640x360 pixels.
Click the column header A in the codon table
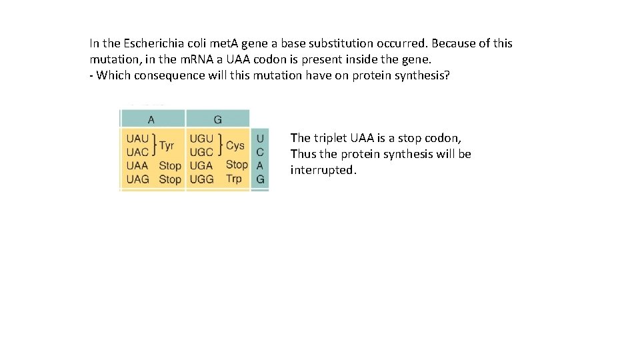[151, 120]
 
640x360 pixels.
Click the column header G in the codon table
[218, 120]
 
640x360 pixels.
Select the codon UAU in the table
[137, 139]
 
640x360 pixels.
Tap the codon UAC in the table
[137, 152]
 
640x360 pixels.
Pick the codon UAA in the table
[137, 165]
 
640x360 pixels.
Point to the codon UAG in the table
[137, 179]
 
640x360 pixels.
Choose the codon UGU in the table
[201, 139]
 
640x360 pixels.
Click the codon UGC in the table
[201, 152]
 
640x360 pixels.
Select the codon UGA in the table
[201, 165]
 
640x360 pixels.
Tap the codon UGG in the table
[201, 179]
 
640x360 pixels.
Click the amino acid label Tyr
[167, 145]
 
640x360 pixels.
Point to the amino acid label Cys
[235, 145]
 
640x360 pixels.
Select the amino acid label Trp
[234, 179]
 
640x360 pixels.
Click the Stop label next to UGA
[237, 165]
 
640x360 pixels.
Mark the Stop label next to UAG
[170, 179]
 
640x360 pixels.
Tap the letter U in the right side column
[260, 139]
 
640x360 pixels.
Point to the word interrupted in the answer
[323, 170]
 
